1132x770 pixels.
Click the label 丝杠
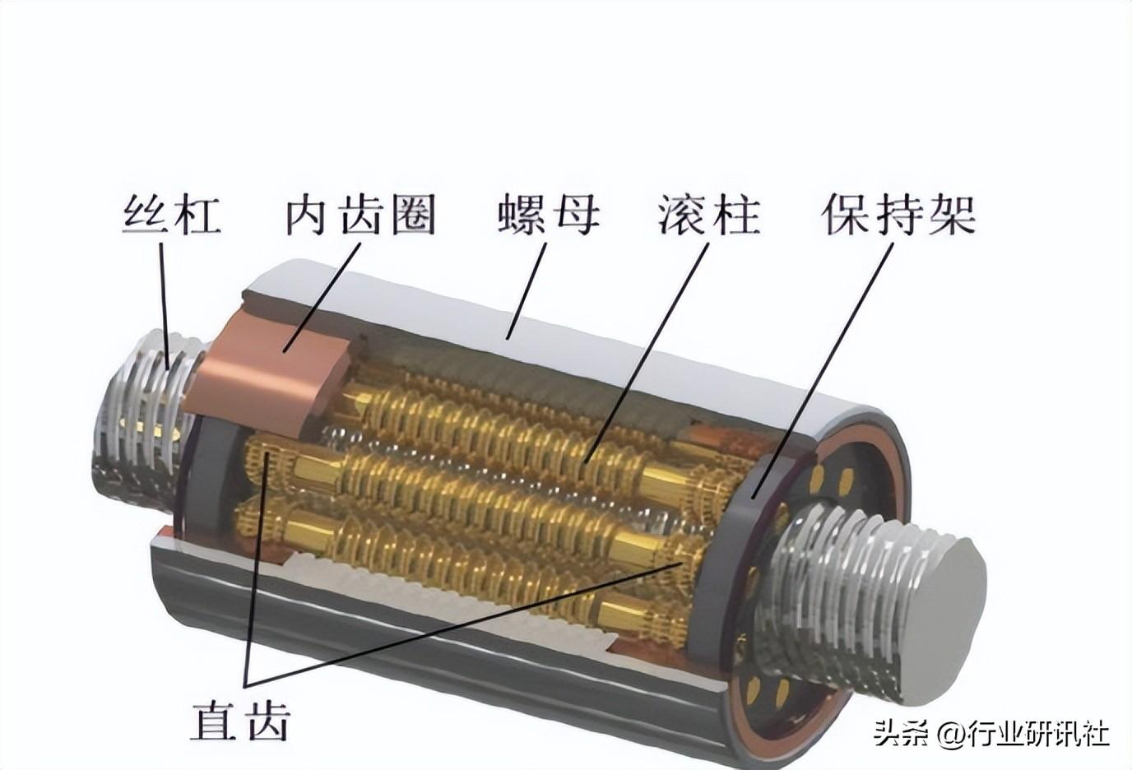pyautogui.click(x=172, y=215)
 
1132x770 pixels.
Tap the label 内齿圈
pyautogui.click(x=360, y=215)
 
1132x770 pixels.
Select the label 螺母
pyautogui.click(x=549, y=215)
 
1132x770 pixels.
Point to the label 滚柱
pyautogui.click(x=708, y=215)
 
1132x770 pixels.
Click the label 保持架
pyautogui.click(x=898, y=215)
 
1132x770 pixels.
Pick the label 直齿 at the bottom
pyautogui.click(x=241, y=720)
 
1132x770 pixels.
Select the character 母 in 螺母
pyautogui.click(x=575, y=215)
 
